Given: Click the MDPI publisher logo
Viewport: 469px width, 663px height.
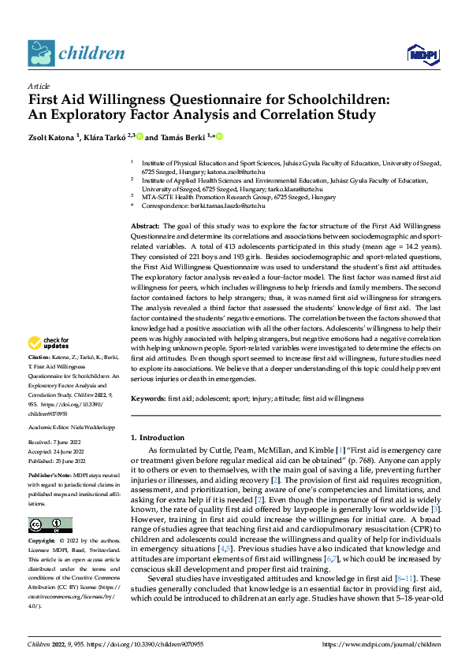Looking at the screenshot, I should pos(422,53).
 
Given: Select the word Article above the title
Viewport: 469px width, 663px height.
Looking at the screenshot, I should pos(39,86).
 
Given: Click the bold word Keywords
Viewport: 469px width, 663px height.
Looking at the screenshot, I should pos(148,399).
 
